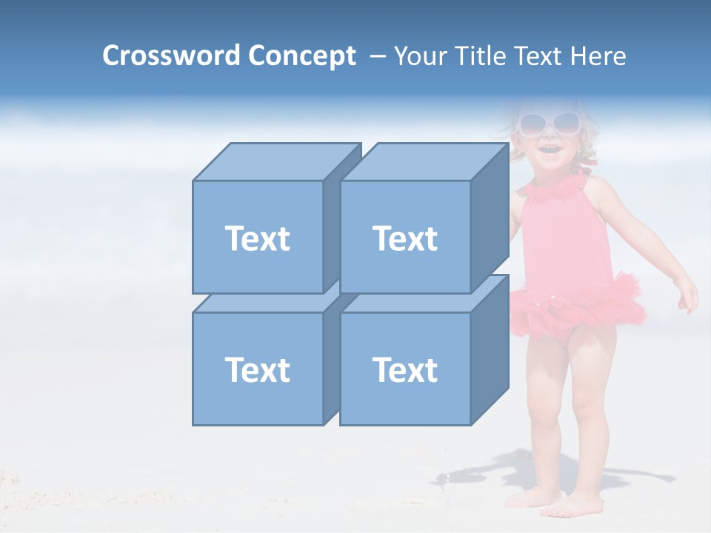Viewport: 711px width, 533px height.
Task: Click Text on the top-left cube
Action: pos(257,238)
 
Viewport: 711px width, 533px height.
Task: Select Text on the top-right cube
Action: pos(404,238)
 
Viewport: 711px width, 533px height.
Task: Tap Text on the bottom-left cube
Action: pos(257,369)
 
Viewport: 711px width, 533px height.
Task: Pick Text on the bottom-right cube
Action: pos(404,369)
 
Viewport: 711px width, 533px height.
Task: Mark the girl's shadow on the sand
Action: pos(489,474)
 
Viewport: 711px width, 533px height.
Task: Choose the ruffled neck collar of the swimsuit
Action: pos(554,182)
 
